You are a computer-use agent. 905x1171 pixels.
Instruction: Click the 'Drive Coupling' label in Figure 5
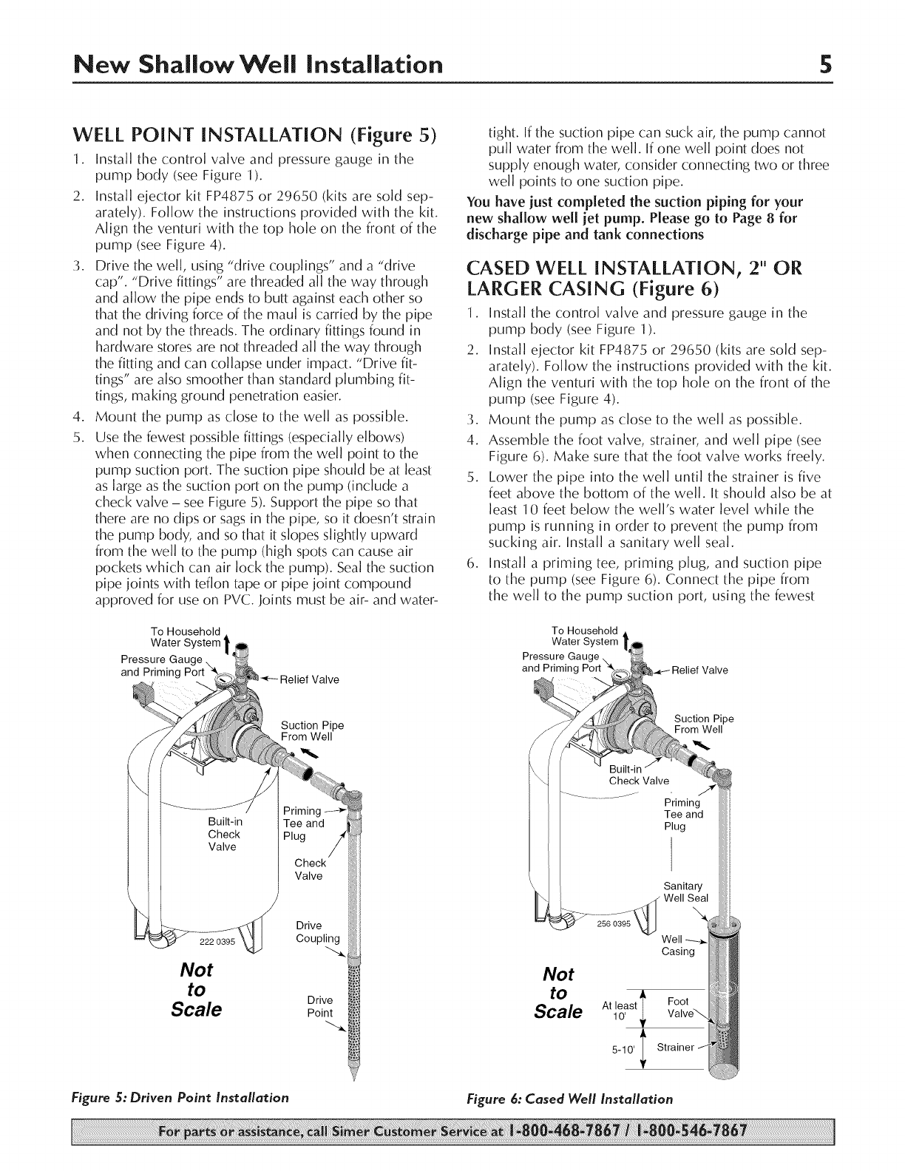[316, 933]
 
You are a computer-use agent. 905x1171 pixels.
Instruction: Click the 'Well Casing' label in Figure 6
[678, 946]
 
